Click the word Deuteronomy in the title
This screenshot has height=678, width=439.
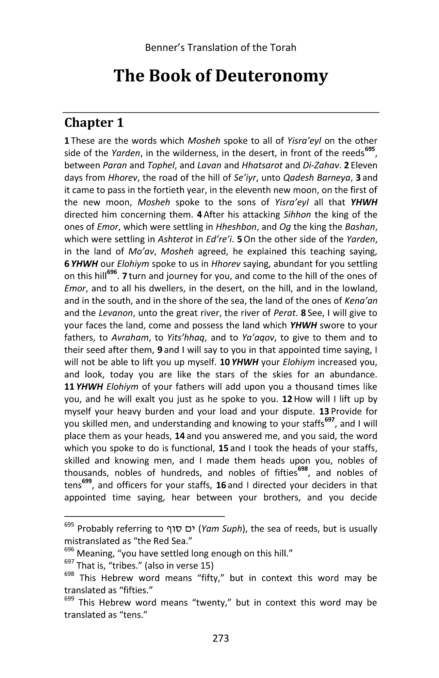tap(272, 76)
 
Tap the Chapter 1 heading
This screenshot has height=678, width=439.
tap(94, 123)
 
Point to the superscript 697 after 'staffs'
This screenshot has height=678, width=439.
tap(329, 420)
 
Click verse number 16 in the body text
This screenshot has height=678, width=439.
tap(221, 485)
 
